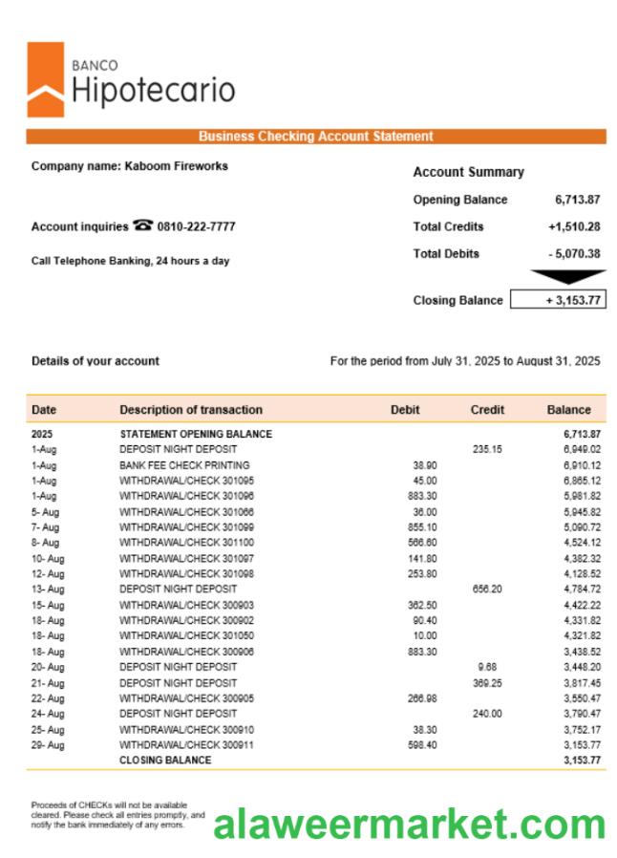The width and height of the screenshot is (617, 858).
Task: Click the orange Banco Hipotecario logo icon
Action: point(45,79)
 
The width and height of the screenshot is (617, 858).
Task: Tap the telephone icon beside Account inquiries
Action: point(143,225)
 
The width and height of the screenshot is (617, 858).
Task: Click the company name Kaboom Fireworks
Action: point(176,165)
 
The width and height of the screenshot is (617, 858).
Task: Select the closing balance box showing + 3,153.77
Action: point(558,300)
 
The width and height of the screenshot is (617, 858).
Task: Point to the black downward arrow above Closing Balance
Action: point(568,277)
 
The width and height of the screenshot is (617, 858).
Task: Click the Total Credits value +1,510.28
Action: point(573,226)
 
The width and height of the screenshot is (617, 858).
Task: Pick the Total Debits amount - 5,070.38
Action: point(573,253)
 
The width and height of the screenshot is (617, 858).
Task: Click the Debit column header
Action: point(405,410)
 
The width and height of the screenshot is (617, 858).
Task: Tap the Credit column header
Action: point(487,410)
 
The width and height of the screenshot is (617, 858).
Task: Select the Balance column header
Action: point(568,410)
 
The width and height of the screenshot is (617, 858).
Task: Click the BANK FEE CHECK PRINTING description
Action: point(184,464)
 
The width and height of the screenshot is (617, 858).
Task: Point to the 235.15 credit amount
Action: point(486,449)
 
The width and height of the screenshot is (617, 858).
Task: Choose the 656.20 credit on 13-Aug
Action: point(486,589)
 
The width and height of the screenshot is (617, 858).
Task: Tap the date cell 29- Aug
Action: point(48,744)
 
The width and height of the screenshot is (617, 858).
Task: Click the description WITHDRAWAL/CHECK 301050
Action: point(186,635)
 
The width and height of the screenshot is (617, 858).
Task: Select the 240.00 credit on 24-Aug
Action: point(486,713)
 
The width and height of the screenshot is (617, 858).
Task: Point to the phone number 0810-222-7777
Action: point(196,226)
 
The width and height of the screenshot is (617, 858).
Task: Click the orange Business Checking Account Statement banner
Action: point(315,137)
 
